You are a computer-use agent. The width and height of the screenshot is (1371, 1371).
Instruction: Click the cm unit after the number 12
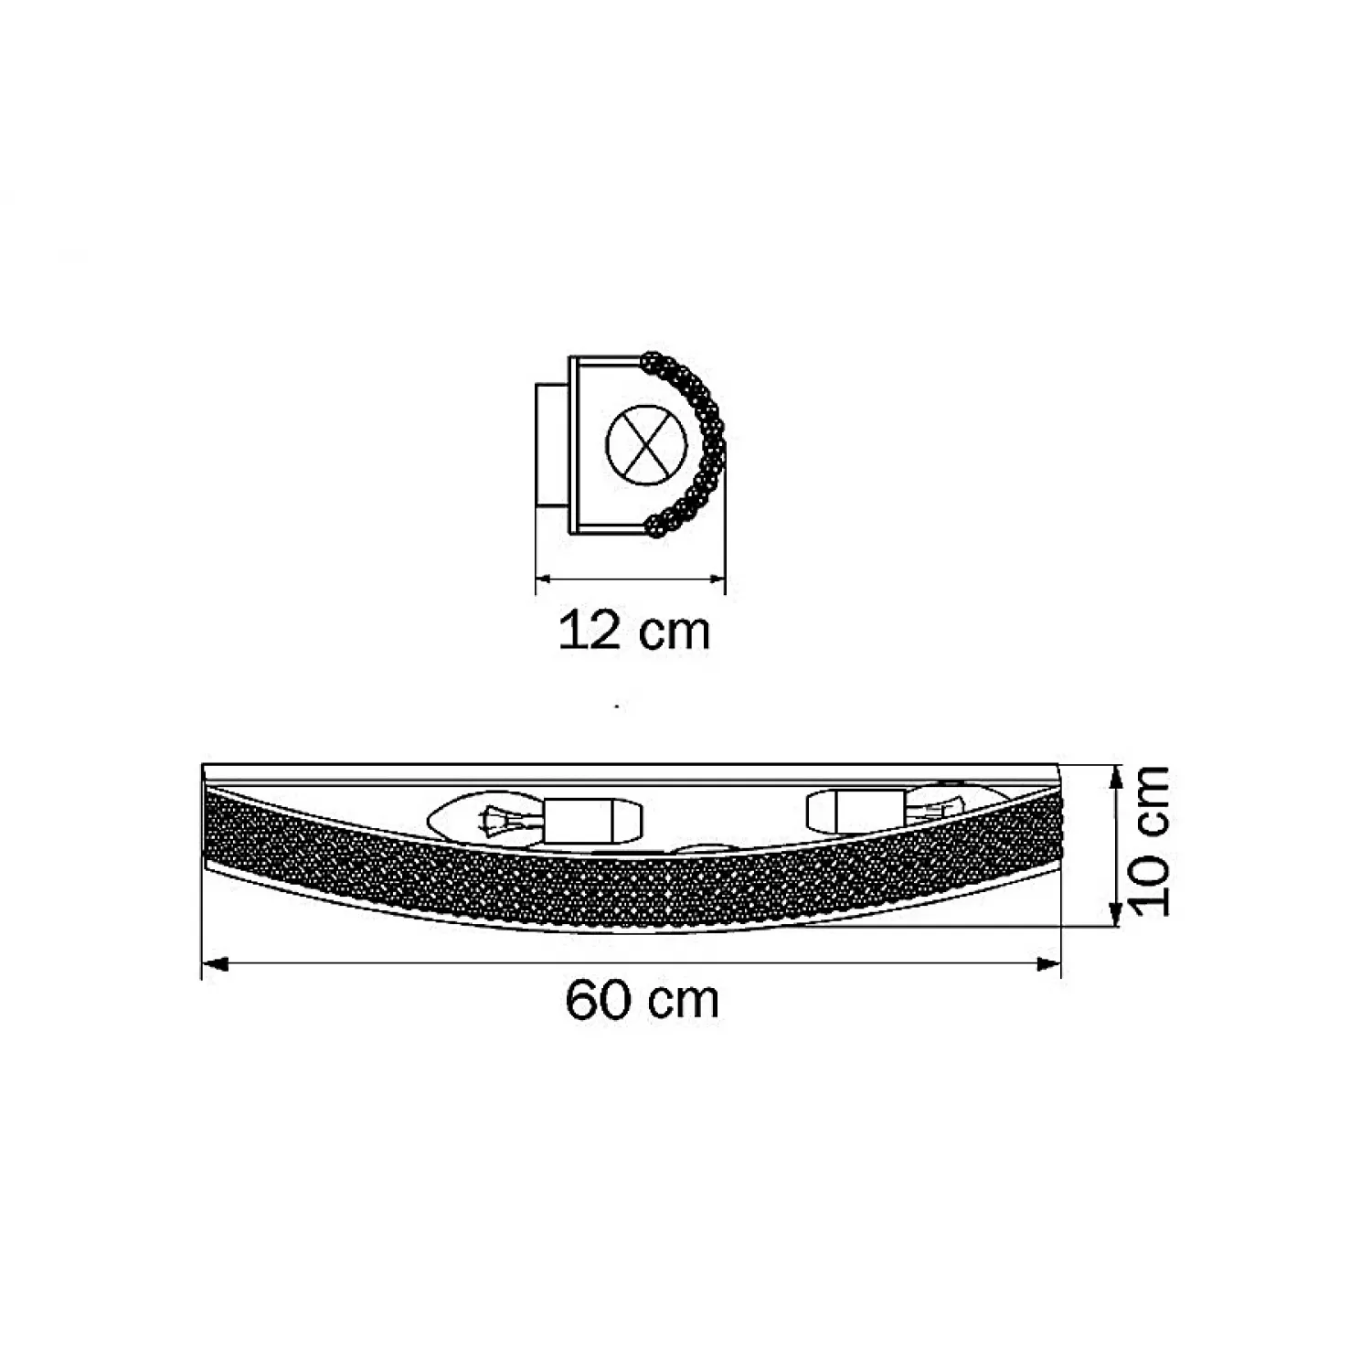(x=674, y=632)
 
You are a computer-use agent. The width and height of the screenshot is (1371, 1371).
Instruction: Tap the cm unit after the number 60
(x=684, y=1002)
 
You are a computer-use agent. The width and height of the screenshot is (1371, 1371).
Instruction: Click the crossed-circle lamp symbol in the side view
(x=646, y=444)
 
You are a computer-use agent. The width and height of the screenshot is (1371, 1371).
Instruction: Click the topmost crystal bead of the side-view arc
(x=652, y=361)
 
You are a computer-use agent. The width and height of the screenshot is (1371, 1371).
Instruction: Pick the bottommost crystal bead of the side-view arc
(x=654, y=525)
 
